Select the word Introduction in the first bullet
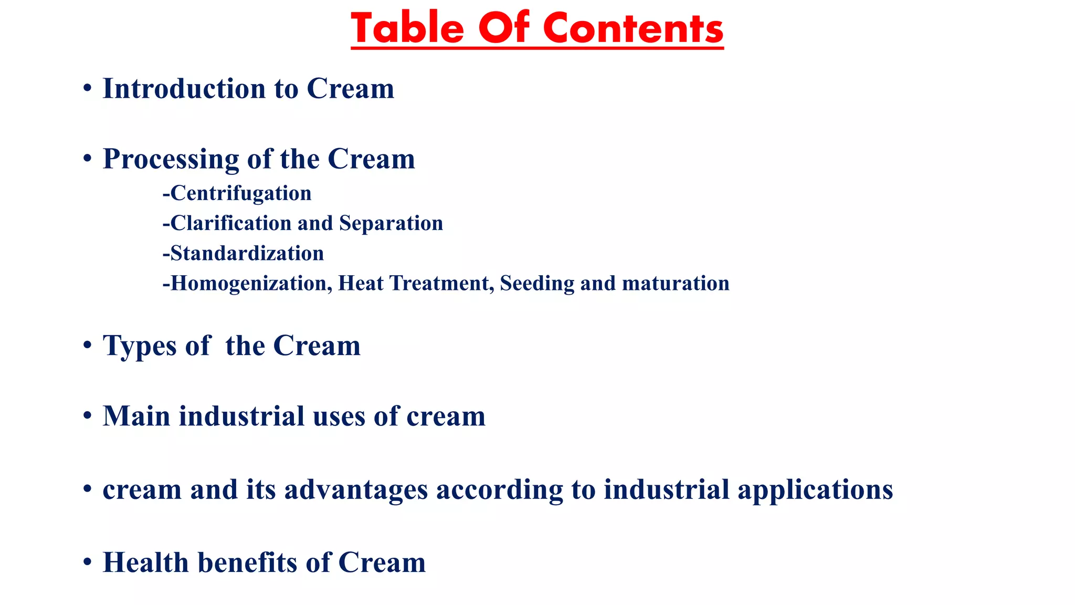(x=184, y=88)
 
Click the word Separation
(x=391, y=223)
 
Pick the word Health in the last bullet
(x=146, y=562)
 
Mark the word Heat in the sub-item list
(x=361, y=284)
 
